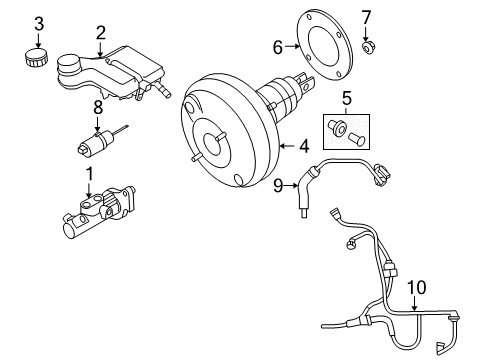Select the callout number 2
pyautogui.click(x=100, y=36)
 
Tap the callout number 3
pyautogui.click(x=38, y=22)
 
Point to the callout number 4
pyautogui.click(x=303, y=146)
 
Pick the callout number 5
pyautogui.click(x=347, y=99)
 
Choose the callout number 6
pyautogui.click(x=279, y=45)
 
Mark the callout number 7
pyautogui.click(x=365, y=17)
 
